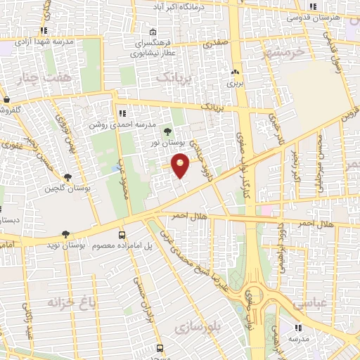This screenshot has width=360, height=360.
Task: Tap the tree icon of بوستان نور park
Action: [x=167, y=131]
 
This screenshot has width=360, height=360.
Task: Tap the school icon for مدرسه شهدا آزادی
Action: [x=44, y=31]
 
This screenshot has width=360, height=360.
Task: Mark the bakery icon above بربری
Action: [x=235, y=72]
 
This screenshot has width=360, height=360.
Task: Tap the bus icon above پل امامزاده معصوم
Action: [x=122, y=235]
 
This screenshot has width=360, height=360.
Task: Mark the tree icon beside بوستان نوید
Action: [x=65, y=235]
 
